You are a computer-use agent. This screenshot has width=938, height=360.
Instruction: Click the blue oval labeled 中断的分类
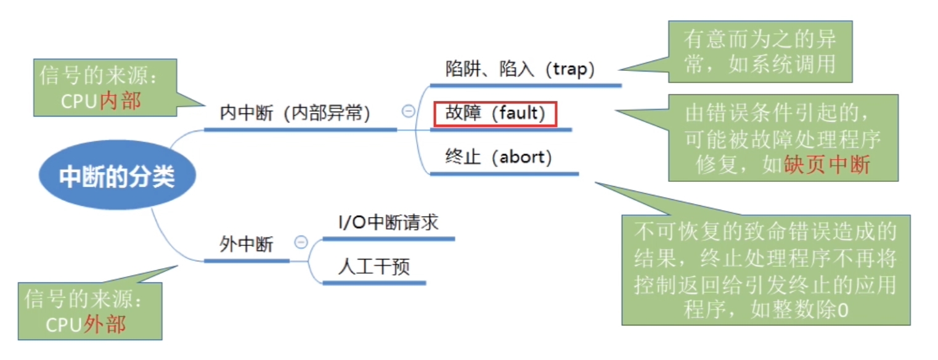(117, 178)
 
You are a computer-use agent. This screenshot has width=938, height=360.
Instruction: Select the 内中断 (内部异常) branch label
(295, 114)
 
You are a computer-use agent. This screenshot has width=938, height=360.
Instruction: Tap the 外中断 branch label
(246, 245)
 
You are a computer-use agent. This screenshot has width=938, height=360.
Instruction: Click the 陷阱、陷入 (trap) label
(520, 70)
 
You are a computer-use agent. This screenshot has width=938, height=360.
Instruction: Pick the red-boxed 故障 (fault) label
(495, 114)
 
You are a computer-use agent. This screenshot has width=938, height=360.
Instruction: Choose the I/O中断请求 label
(388, 223)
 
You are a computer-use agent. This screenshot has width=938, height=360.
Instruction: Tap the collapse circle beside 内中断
(408, 112)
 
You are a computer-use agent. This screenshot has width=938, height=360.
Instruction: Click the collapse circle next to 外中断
(301, 242)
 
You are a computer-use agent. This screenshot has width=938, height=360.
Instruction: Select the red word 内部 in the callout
(120, 101)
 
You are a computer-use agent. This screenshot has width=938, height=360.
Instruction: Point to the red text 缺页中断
(826, 165)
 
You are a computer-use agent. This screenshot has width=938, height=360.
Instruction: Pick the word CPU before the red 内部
(80, 101)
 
